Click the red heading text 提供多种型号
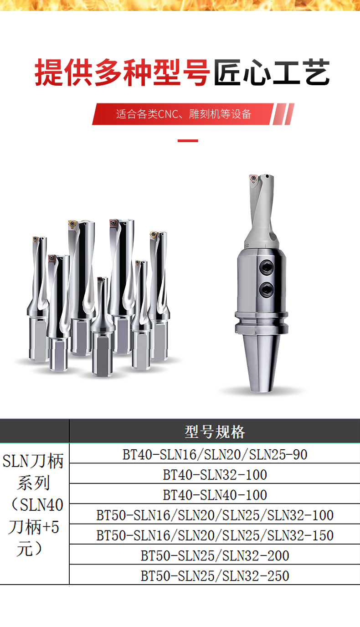coord(122,72)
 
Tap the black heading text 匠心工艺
coord(272,72)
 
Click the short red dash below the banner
coord(188,141)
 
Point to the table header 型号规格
coord(215,432)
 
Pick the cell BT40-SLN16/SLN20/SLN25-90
coord(215,454)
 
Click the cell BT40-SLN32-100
coord(215,475)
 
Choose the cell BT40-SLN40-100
coord(215,495)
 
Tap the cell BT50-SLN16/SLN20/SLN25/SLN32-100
coord(215,515)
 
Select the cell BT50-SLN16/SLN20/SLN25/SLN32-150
coord(215,535)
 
